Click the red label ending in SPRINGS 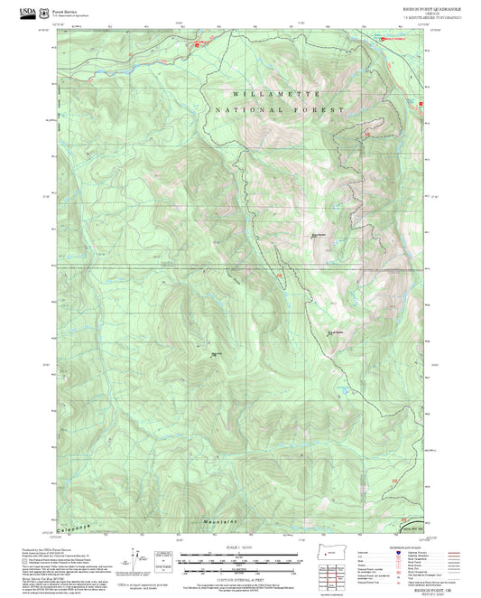394,39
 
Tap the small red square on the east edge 421,104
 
